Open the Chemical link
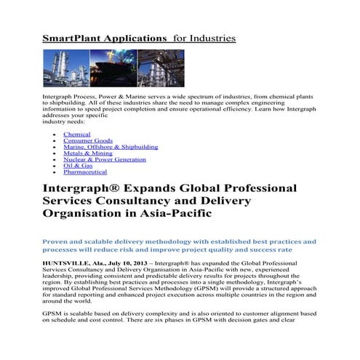tap(77, 135)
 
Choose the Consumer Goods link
tap(88, 141)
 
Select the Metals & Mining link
tap(88, 153)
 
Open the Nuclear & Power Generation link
tap(105, 159)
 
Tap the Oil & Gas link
tap(78, 166)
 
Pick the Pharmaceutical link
tap(85, 172)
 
